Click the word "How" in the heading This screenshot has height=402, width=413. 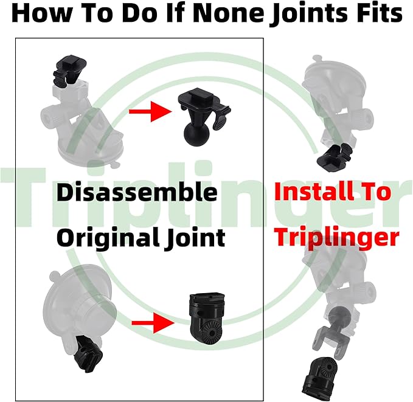pyautogui.click(x=41, y=13)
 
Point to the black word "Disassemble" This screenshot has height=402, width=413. pyautogui.click(x=137, y=192)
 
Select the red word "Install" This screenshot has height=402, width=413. pyautogui.click(x=314, y=192)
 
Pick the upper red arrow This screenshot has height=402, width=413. pyautogui.click(x=150, y=111)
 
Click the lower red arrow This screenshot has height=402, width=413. pyautogui.click(x=153, y=323)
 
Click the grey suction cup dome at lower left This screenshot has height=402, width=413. pyautogui.click(x=78, y=301)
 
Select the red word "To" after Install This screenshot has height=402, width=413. pyautogui.click(x=376, y=192)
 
